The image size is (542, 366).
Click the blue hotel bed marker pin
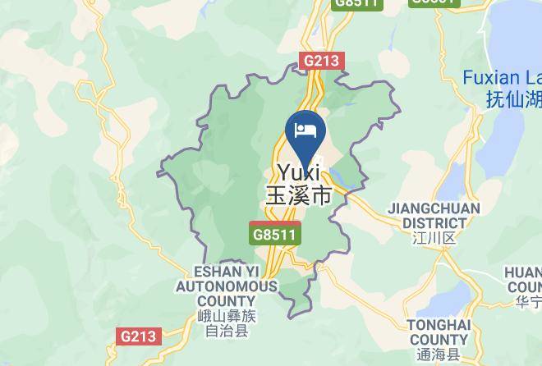pyautogui.click(x=305, y=132)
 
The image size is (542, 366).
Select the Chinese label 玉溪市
pyautogui.click(x=298, y=195)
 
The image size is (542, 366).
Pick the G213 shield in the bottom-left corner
pyautogui.click(x=137, y=336)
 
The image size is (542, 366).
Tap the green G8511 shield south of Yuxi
pyautogui.click(x=276, y=234)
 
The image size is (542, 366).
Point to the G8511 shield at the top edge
pyautogui.click(x=357, y=3)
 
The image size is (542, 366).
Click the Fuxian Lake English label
pyautogui.click(x=502, y=78)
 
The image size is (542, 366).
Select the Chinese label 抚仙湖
pyautogui.click(x=513, y=99)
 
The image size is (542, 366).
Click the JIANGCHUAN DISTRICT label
pyautogui.click(x=434, y=215)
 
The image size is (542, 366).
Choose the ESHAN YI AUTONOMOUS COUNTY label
pyautogui.click(x=226, y=286)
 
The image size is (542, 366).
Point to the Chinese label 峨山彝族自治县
pyautogui.click(x=226, y=323)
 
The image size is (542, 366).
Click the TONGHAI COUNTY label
pyautogui.click(x=439, y=332)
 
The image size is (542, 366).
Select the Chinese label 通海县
pyautogui.click(x=439, y=355)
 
